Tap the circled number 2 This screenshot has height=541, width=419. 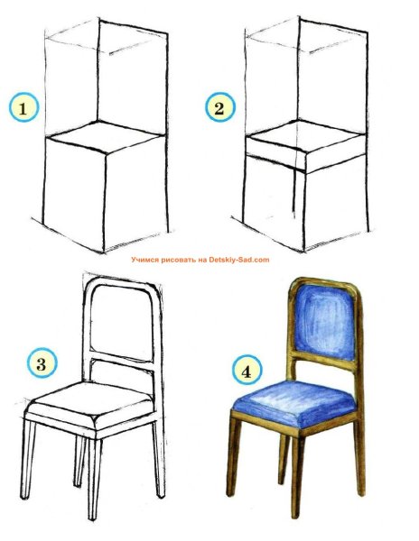[x=219, y=108]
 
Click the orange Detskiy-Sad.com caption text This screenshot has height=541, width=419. [x=200, y=260]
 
